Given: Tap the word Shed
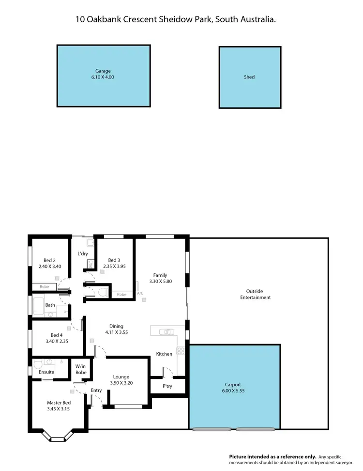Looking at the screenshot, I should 249,77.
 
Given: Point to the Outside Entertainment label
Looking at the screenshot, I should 255,294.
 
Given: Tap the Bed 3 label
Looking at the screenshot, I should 114,259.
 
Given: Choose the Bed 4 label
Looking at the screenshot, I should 57,335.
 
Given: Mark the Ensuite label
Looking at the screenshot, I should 46,372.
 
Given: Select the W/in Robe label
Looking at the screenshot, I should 81,369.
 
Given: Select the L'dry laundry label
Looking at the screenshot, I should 82,254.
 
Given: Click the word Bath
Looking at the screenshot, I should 50,305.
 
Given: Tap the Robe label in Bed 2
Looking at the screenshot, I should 44,287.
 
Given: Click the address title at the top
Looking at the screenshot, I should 176,19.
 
